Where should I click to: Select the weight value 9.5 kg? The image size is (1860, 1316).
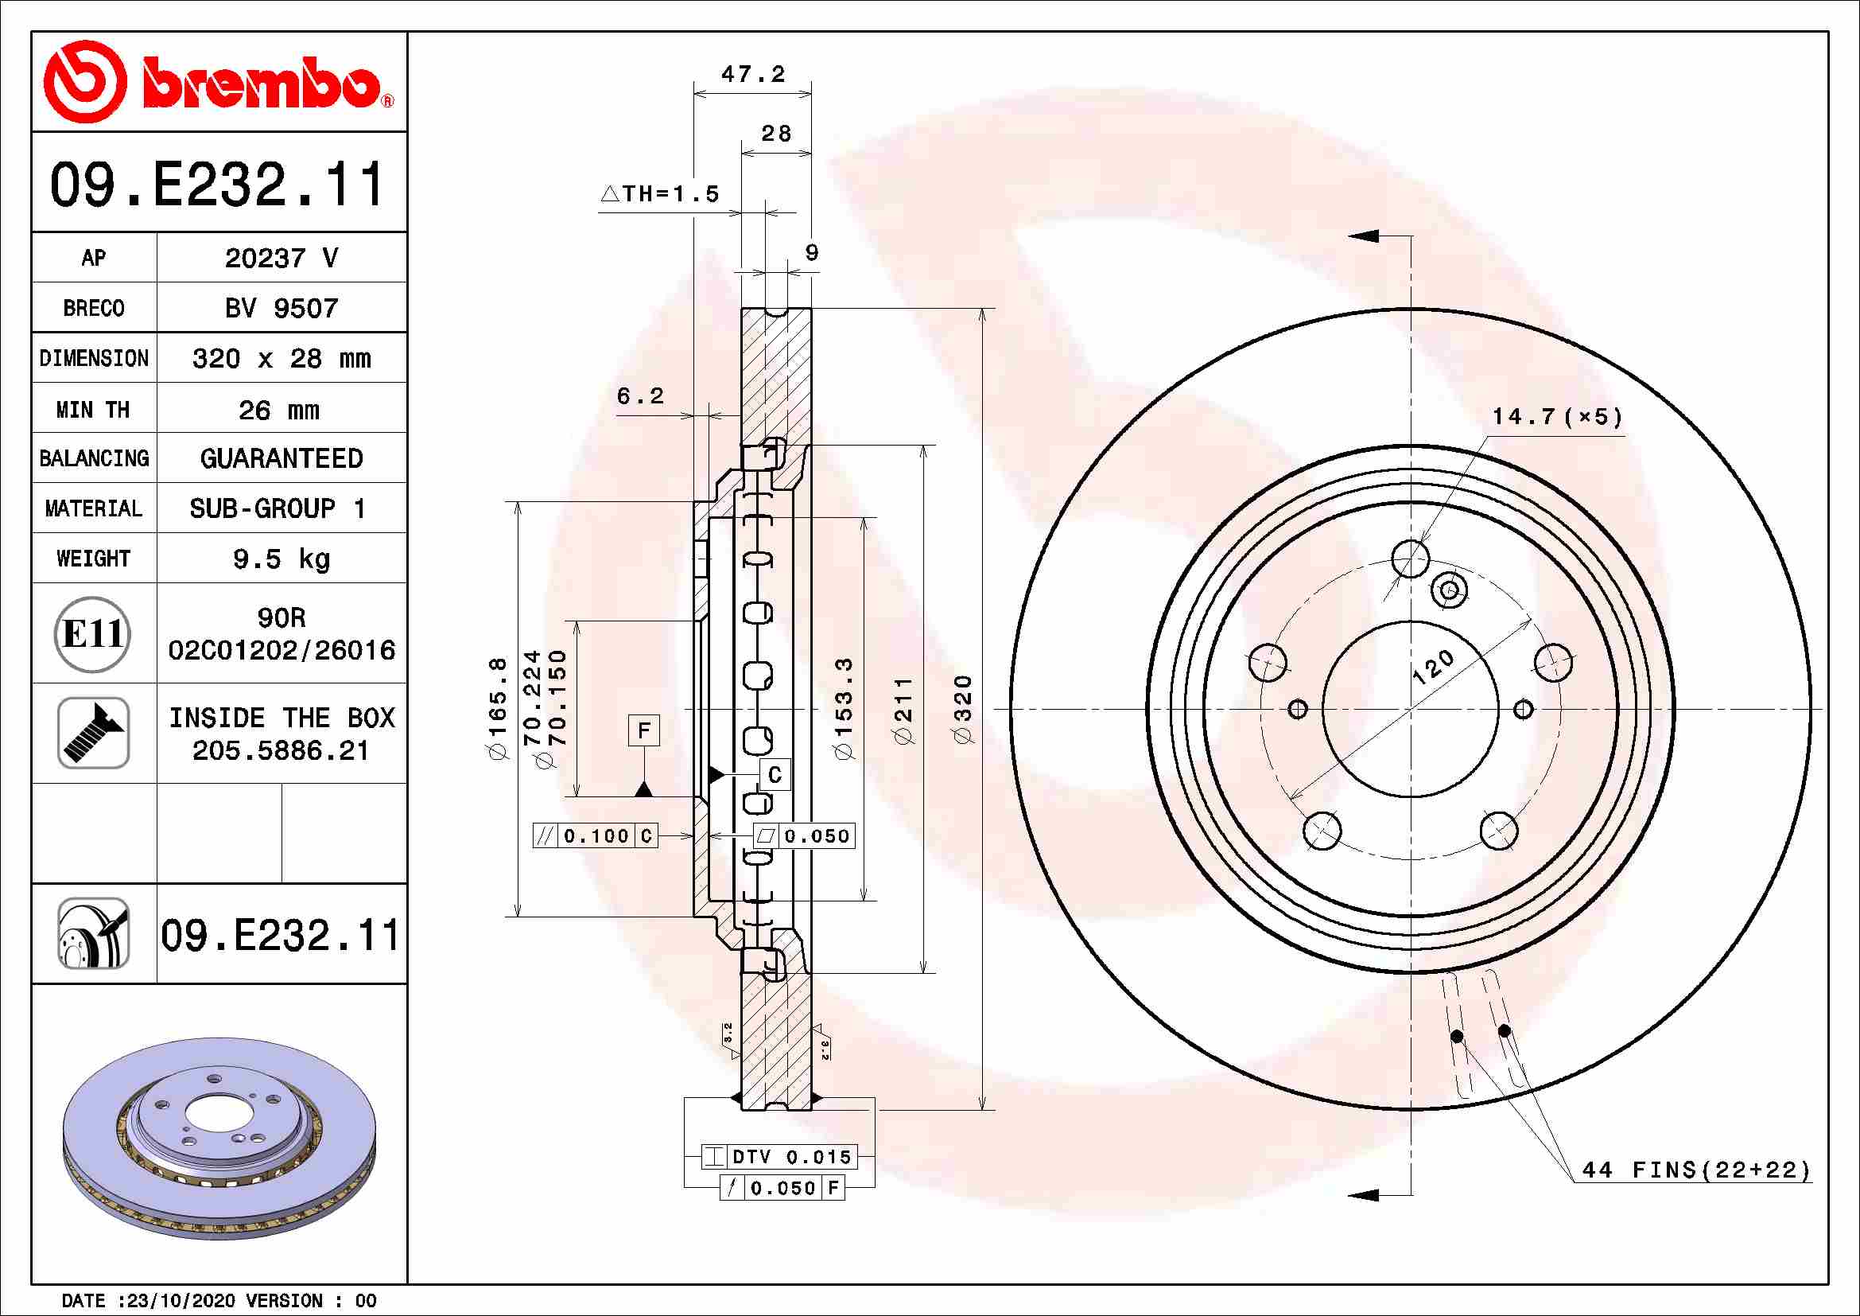(281, 559)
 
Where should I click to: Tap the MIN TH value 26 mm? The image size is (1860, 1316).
(279, 410)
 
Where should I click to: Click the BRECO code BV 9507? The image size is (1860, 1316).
(281, 308)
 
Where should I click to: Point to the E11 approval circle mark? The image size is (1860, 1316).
(92, 633)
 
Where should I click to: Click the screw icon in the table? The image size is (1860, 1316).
(93, 733)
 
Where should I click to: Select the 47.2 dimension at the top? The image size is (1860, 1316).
(752, 75)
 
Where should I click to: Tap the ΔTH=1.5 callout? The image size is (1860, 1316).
(660, 193)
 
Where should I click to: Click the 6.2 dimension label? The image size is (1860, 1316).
(639, 396)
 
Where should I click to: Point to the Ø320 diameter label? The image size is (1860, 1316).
(962, 708)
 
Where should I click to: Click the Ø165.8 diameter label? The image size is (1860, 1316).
(497, 708)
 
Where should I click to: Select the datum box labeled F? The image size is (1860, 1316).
(644, 730)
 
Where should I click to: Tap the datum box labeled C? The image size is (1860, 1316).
(775, 775)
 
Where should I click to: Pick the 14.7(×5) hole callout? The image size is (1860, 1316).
(1557, 418)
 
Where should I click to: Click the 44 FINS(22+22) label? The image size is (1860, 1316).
(1695, 1170)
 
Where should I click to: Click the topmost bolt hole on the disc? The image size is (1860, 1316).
(1411, 559)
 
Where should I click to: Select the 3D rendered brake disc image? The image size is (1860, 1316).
(219, 1139)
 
